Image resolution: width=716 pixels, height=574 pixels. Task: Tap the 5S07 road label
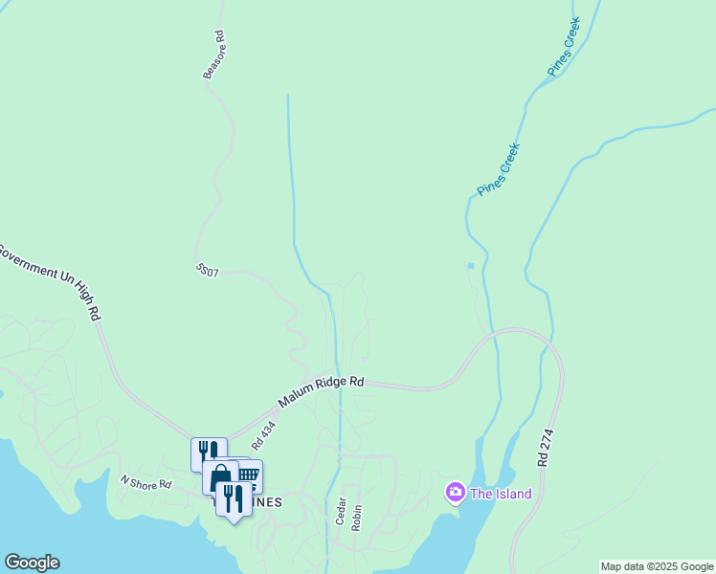coord(208,272)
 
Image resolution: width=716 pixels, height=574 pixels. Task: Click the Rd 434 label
coord(263,435)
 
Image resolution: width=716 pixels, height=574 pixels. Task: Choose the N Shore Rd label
coord(145,484)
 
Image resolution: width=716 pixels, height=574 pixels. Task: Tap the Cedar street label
coord(340,510)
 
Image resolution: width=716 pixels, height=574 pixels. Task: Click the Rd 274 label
coord(546,447)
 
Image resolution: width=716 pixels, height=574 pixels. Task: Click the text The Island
coord(500,494)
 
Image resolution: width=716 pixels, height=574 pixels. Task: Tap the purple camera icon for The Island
coord(455,493)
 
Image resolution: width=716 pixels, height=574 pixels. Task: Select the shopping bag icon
coord(219,475)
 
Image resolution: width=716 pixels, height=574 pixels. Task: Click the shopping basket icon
coord(248,474)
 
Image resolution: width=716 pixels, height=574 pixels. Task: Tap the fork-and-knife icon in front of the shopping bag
coord(233,497)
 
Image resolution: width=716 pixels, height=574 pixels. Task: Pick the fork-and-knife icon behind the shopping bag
coord(207,451)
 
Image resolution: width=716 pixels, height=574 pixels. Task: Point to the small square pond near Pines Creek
coord(470,266)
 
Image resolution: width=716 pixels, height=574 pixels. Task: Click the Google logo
coord(32,563)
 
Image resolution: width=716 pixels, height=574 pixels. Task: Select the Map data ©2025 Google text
coord(657,566)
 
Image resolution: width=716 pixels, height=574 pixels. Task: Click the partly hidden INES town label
coord(268,503)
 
